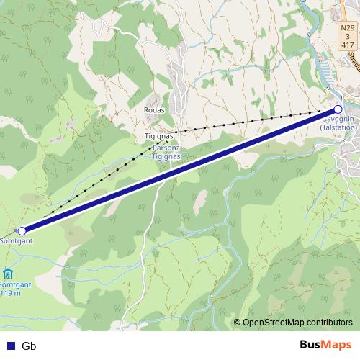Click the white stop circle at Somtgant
tap(22, 231)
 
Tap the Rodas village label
tap(154, 110)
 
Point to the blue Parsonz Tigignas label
tap(165, 152)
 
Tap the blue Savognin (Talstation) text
tap(338, 122)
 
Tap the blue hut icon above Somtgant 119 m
tap(7, 274)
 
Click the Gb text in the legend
tap(29, 346)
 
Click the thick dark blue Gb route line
tap(180, 171)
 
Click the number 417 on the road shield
tap(348, 43)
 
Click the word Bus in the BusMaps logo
tap(311, 345)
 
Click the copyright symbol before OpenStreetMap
tap(238, 322)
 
